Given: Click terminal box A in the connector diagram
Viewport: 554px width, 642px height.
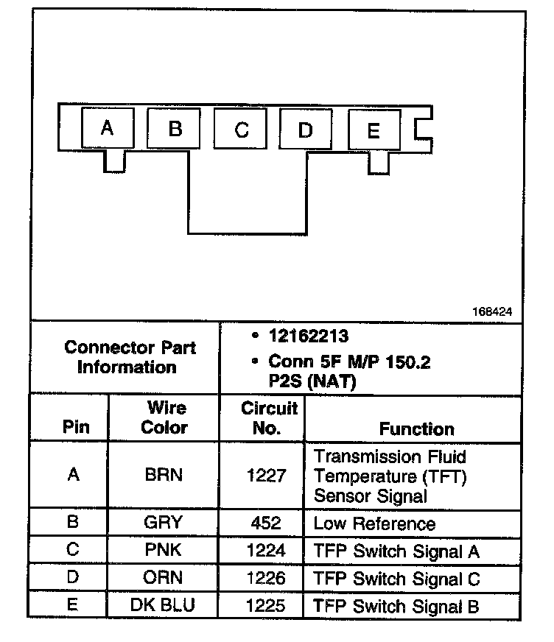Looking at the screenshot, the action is pyautogui.click(x=107, y=129).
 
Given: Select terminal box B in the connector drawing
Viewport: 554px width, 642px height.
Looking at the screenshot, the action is pyautogui.click(x=175, y=129).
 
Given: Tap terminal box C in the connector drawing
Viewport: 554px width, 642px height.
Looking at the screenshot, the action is pyautogui.click(x=241, y=130).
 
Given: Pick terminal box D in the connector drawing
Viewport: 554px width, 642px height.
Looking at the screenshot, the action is pyautogui.click(x=305, y=130).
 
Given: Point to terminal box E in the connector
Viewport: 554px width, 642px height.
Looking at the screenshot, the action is pyautogui.click(x=373, y=131).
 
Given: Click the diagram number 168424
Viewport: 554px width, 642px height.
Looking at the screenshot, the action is pyautogui.click(x=491, y=311).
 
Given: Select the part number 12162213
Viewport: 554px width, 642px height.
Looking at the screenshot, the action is pyautogui.click(x=308, y=336).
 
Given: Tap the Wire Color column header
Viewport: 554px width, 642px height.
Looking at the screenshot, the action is pyautogui.click(x=164, y=417).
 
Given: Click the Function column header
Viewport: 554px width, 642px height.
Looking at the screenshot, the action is pyautogui.click(x=416, y=428).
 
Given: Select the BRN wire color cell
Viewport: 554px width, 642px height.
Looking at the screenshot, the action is pyautogui.click(x=164, y=476).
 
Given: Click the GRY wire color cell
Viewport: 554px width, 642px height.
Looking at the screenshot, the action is pyautogui.click(x=164, y=523).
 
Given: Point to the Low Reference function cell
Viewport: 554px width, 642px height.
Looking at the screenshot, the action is pyautogui.click(x=374, y=523).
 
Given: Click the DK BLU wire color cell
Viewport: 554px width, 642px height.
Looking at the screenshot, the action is pyautogui.click(x=164, y=606).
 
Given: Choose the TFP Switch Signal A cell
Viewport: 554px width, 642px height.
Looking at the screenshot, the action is pyautogui.click(x=396, y=551).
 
